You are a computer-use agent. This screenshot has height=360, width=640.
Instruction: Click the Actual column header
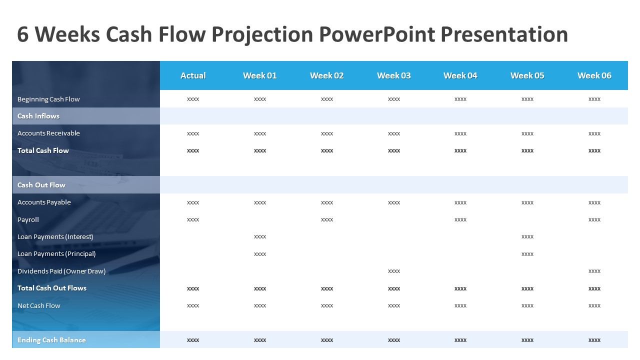click(x=193, y=75)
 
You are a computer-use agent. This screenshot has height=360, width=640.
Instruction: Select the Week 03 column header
click(x=393, y=75)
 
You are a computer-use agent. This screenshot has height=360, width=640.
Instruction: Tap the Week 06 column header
click(x=594, y=75)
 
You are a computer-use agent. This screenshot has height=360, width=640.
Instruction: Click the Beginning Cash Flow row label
click(x=48, y=99)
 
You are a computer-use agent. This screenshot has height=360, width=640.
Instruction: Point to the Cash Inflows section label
click(x=38, y=116)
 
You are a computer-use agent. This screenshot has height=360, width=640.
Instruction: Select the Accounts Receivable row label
click(x=48, y=133)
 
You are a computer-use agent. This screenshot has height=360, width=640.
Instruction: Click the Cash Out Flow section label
click(x=41, y=185)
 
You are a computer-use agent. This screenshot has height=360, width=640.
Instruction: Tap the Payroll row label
click(x=28, y=219)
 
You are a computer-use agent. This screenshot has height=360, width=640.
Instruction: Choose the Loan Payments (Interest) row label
click(x=55, y=236)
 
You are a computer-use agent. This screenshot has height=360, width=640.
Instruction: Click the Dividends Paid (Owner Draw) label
click(x=61, y=271)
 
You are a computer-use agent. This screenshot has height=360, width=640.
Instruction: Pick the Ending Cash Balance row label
click(x=51, y=340)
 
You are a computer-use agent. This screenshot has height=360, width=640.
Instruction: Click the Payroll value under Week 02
click(x=327, y=219)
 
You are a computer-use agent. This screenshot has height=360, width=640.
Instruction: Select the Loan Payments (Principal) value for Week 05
click(x=527, y=254)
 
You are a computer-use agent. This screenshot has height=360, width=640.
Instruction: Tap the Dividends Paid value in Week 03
click(x=393, y=271)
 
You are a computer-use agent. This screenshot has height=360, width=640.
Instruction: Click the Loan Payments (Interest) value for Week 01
click(x=260, y=236)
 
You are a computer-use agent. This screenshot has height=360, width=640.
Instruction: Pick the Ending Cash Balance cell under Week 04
click(x=460, y=340)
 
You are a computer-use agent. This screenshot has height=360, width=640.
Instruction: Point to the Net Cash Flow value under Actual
click(x=193, y=305)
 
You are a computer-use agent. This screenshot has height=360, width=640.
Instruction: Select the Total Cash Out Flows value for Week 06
click(x=594, y=288)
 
